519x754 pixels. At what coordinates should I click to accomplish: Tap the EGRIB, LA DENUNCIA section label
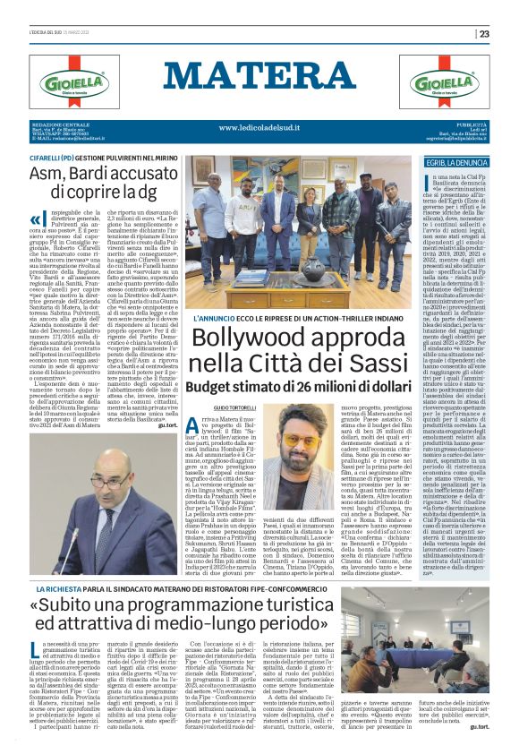click(458, 163)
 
